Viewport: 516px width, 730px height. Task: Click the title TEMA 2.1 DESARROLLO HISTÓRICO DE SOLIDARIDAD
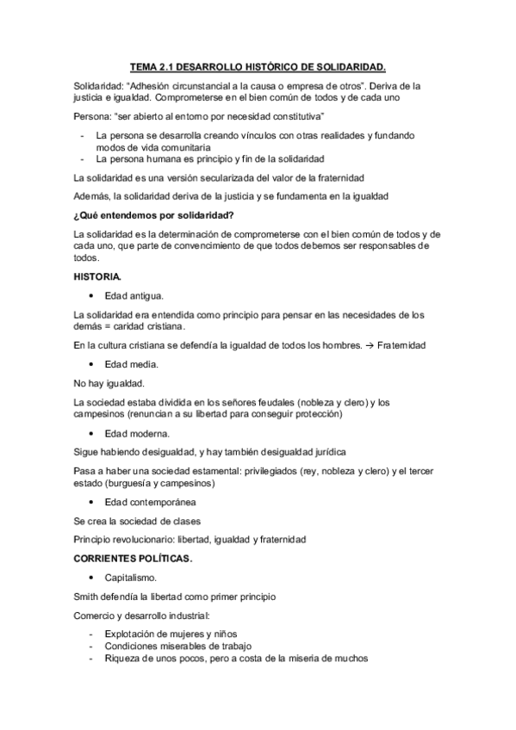pos(258,65)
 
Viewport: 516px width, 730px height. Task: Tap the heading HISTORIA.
pos(97,275)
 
